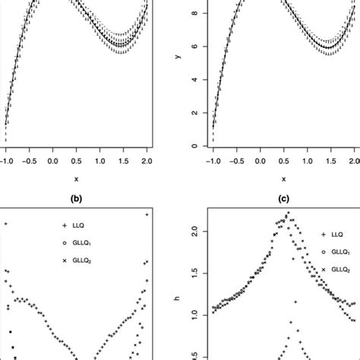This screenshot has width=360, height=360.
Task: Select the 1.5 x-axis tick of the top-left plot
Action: pyautogui.click(x=124, y=161)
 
